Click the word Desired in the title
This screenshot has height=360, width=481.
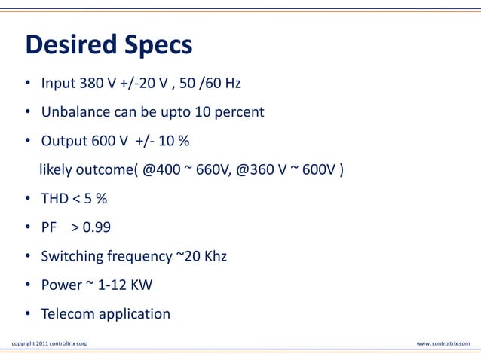click(68, 45)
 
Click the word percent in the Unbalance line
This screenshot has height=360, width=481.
click(238, 112)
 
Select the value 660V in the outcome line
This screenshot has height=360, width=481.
click(212, 169)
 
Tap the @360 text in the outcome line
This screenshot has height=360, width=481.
click(256, 169)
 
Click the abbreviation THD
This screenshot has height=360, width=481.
click(54, 198)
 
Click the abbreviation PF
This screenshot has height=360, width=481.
click(49, 227)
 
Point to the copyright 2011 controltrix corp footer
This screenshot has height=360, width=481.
click(50, 344)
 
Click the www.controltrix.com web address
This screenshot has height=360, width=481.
click(443, 344)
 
